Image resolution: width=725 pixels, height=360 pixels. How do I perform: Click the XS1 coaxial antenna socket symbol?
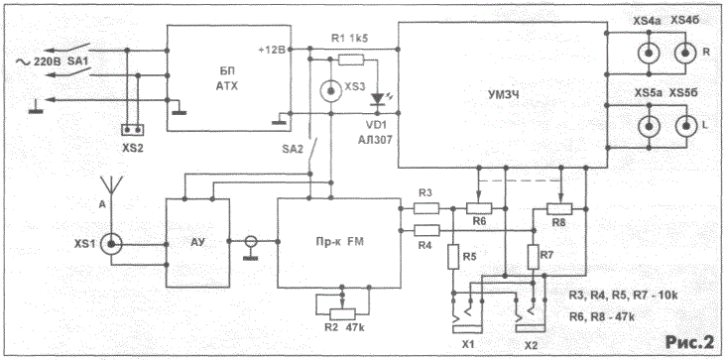(111, 244)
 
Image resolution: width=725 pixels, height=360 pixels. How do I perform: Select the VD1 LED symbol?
(378, 98)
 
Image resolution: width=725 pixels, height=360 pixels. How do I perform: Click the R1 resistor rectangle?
(351, 60)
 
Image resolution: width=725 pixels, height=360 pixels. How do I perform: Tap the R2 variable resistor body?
(342, 313)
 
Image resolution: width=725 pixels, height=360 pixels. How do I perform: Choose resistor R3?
(426, 208)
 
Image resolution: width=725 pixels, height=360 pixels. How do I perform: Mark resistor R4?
(426, 230)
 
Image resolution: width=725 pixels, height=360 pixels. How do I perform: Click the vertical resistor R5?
(453, 257)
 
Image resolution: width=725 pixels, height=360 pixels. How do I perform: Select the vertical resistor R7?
(534, 257)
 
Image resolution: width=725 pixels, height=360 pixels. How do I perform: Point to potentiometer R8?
(559, 209)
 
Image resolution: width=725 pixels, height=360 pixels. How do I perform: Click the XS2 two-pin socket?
(132, 130)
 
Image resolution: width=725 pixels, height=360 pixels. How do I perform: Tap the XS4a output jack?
(650, 54)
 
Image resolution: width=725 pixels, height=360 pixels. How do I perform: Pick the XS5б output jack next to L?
(686, 125)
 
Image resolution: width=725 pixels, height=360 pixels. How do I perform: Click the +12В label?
(274, 49)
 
